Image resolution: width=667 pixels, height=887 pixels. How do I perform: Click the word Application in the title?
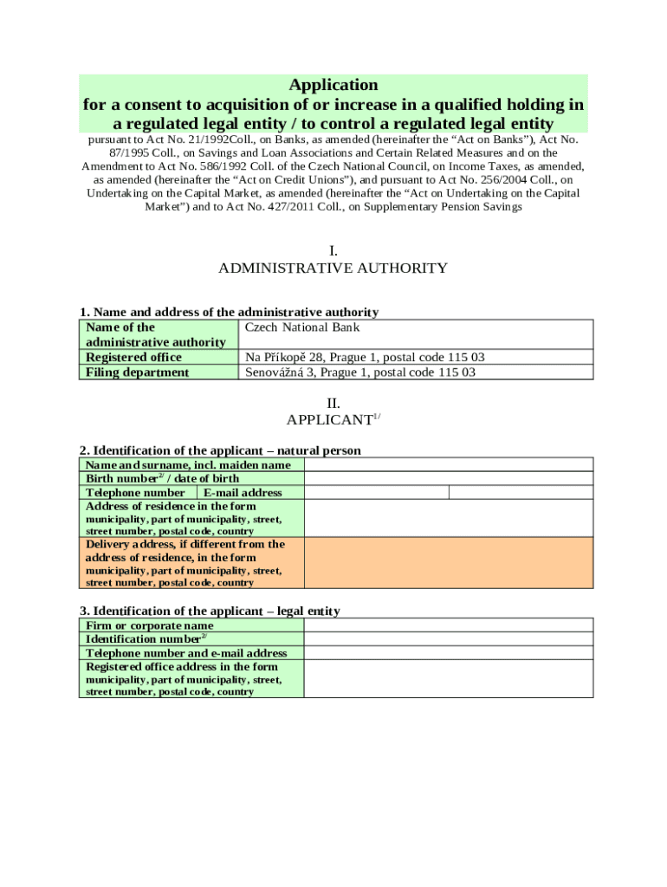[333, 85]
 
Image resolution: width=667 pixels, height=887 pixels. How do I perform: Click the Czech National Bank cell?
[302, 327]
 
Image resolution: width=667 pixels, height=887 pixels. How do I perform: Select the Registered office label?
[133, 357]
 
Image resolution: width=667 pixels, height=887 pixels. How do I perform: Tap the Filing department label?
[137, 372]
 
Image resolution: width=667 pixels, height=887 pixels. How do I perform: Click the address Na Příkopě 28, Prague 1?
[365, 357]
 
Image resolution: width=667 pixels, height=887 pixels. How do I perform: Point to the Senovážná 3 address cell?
[360, 372]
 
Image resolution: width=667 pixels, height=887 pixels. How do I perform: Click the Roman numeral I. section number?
[333, 251]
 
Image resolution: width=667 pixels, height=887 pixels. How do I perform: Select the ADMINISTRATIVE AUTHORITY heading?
[333, 268]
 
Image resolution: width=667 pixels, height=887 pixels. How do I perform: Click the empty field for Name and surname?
[448, 464]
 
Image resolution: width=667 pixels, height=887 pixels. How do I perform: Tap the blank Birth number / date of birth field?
[448, 478]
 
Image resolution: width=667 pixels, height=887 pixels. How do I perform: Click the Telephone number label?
[135, 492]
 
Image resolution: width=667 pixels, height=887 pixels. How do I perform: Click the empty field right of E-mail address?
[521, 492]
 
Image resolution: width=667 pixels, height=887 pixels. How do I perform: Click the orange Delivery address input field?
[448, 563]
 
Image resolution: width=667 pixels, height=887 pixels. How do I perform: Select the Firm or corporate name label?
[149, 625]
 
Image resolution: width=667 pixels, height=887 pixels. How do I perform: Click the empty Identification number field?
[448, 638]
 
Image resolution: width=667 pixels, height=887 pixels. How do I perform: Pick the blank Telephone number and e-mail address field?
[448, 652]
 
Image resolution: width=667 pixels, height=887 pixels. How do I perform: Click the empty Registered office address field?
[448, 678]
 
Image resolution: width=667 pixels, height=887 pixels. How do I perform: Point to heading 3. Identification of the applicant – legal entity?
[210, 611]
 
